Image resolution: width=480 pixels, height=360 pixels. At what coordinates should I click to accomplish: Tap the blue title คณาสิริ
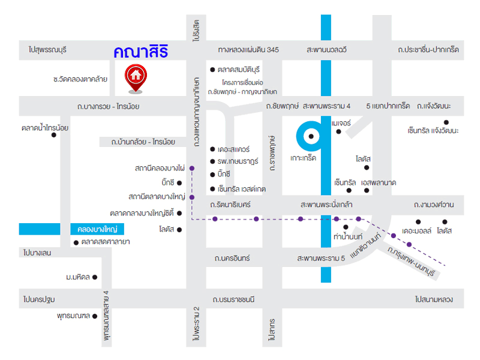tap(140, 52)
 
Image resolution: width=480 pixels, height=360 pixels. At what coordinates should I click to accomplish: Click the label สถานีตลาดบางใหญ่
tap(157, 196)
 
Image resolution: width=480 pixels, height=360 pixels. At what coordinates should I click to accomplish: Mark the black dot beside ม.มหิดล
tap(95, 277)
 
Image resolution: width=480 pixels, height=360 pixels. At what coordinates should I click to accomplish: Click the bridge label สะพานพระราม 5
tap(321, 258)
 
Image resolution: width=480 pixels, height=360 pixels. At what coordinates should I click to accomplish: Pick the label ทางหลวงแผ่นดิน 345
tap(248, 50)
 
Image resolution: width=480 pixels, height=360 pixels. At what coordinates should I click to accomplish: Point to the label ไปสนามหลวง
tap(433, 299)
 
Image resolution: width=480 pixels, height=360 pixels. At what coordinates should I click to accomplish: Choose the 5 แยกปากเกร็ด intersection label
tap(388, 106)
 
